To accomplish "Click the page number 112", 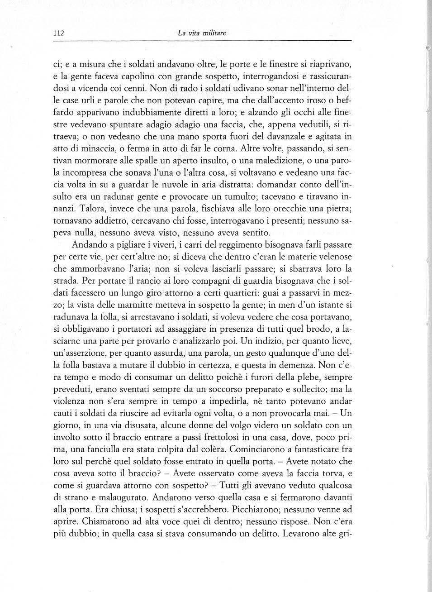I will click(x=59, y=33).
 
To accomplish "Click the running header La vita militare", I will click(x=202, y=33).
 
